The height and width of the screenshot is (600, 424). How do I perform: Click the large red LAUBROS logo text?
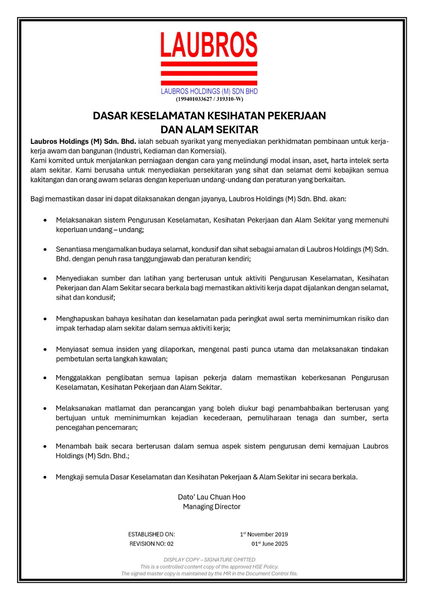(209, 44)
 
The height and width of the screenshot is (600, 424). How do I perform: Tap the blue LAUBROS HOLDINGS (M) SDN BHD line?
(209, 91)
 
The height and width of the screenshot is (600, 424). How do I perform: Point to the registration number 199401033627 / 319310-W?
(209, 99)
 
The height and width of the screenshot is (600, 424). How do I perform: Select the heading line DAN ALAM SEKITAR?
(209, 130)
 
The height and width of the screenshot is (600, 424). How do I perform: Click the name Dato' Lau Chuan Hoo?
(211, 497)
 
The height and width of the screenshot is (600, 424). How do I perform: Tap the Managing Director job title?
(211, 507)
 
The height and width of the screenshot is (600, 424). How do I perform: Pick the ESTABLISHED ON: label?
(151, 534)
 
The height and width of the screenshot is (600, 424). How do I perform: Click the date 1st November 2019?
(264, 534)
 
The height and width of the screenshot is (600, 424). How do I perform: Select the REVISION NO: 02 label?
(151, 544)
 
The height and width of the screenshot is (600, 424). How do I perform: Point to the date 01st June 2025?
(270, 544)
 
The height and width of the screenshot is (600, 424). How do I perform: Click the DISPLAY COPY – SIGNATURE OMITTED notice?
(209, 559)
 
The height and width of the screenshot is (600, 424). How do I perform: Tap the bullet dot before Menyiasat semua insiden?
(45, 349)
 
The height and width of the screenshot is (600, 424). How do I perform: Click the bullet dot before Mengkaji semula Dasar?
(45, 477)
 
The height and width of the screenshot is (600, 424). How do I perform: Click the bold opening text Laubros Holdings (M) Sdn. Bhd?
(83, 141)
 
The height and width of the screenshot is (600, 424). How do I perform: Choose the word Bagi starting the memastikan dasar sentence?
(37, 199)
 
